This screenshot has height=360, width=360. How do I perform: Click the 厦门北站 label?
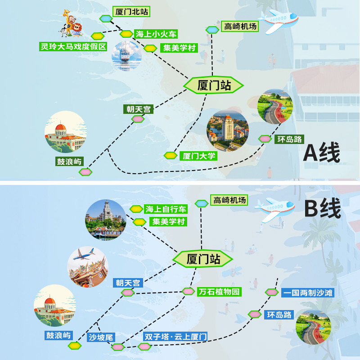pyautogui.click(x=132, y=12)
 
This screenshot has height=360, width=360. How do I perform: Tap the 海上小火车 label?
pyautogui.click(x=156, y=34)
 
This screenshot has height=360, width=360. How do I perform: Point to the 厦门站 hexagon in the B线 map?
pyautogui.click(x=203, y=259)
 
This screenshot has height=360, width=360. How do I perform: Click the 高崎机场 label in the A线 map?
pyautogui.click(x=240, y=27)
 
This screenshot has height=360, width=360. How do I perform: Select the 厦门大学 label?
pyautogui.click(x=198, y=156)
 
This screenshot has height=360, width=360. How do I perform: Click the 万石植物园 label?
pyautogui.click(x=219, y=292)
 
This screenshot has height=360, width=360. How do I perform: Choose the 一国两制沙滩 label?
pyautogui.click(x=308, y=293)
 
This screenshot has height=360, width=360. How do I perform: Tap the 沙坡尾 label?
pyautogui.click(x=102, y=337)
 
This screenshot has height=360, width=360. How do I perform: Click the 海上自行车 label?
pyautogui.click(x=165, y=209)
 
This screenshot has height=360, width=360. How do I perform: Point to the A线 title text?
pyautogui.click(x=321, y=153)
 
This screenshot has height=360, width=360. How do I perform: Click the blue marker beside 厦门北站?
pyautogui.click(x=106, y=18)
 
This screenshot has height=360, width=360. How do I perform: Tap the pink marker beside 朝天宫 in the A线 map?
pyautogui.click(x=138, y=119)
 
